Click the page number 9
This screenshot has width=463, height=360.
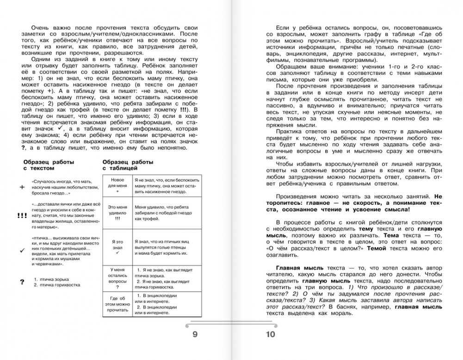(195, 335)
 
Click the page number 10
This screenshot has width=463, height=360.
(270, 335)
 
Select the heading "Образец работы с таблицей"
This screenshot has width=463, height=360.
(128, 165)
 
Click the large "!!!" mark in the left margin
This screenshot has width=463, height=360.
(21, 215)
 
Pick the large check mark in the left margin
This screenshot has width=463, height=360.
(22, 250)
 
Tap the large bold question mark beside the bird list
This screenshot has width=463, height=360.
(22, 282)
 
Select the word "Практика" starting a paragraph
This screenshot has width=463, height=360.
(289, 133)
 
